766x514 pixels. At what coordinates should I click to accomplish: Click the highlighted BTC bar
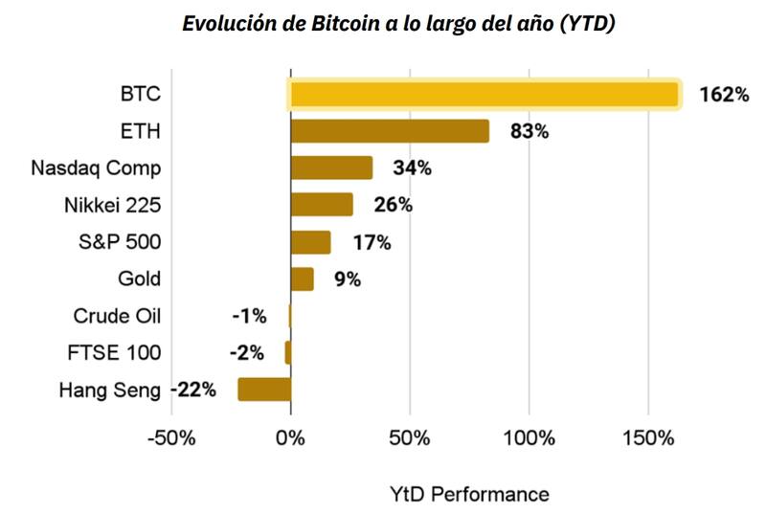(x=484, y=94)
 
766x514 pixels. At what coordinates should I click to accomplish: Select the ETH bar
(x=390, y=131)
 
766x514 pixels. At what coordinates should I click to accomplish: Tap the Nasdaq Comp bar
(x=331, y=168)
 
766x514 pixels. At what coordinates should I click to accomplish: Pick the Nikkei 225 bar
(x=322, y=205)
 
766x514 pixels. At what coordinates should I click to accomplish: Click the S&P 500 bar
(x=310, y=242)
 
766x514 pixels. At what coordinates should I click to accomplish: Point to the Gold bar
(x=302, y=279)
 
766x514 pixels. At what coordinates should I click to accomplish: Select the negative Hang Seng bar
(x=264, y=390)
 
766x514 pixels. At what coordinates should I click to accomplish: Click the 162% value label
(x=724, y=95)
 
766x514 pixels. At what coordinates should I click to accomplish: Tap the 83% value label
(x=529, y=132)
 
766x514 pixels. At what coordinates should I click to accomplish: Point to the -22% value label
(x=194, y=390)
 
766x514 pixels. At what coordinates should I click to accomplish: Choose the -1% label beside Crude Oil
(x=249, y=316)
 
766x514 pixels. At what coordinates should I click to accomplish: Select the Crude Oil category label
(x=117, y=316)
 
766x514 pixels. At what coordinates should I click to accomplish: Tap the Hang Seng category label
(x=110, y=390)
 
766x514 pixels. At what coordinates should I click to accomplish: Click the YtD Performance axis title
(x=469, y=494)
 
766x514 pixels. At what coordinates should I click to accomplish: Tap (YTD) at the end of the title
(x=586, y=23)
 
